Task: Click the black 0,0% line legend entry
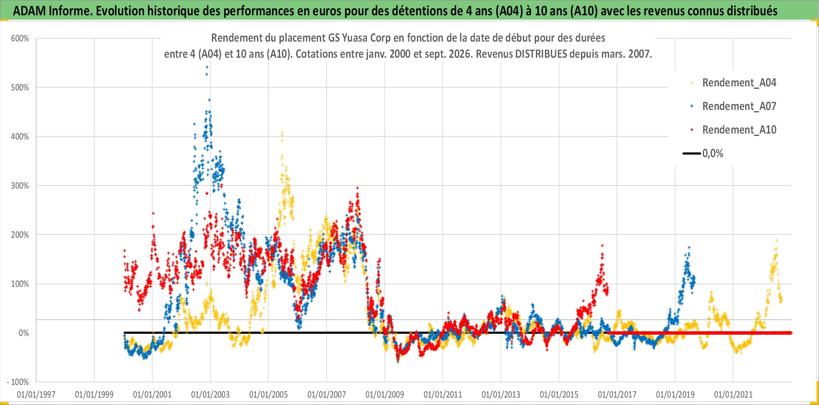(x=703, y=153)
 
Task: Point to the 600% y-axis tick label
(x=20, y=38)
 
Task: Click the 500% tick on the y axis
(x=20, y=88)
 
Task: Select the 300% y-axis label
(x=20, y=186)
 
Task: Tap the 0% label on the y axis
(x=24, y=333)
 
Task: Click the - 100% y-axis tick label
(x=18, y=382)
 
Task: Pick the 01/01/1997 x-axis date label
(x=36, y=394)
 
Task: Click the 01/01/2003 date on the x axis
(x=210, y=394)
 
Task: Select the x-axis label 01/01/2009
(x=385, y=394)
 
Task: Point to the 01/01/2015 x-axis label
(x=559, y=394)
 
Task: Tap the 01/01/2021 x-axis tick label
(x=733, y=394)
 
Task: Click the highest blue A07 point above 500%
(x=207, y=67)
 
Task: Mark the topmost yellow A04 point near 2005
(x=282, y=132)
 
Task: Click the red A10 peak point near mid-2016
(x=602, y=246)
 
